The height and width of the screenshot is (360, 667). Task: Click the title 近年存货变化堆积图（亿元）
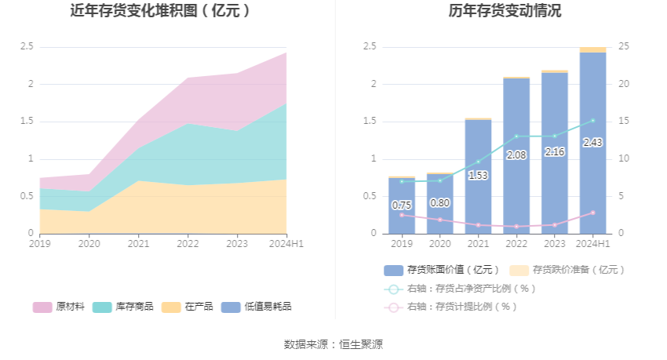click(x=161, y=11)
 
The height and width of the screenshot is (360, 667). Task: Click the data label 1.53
click(x=478, y=176)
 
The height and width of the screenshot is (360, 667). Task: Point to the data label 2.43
click(x=592, y=143)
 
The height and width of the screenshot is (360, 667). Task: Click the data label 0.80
click(x=439, y=203)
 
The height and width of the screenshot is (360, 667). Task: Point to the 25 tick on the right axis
click(x=625, y=47)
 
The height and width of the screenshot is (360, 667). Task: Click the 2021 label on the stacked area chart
click(x=138, y=244)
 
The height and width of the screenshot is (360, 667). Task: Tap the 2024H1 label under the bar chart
click(x=592, y=244)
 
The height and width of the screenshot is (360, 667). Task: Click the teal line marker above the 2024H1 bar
click(x=592, y=121)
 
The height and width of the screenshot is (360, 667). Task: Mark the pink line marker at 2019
click(x=402, y=215)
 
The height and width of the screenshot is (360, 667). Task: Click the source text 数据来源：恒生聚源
click(x=333, y=344)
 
